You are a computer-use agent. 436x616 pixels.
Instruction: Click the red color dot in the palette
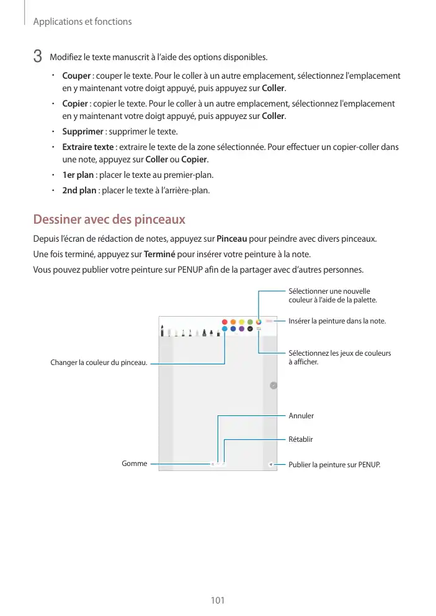[x=225, y=322]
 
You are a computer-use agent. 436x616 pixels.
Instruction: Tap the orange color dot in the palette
[x=233, y=322]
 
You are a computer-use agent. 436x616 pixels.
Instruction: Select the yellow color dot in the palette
[x=242, y=322]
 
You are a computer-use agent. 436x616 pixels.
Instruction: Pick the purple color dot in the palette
[x=241, y=329]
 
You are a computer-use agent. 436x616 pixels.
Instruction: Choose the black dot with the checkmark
[x=250, y=329]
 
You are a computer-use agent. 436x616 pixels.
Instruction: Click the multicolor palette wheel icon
[x=259, y=322]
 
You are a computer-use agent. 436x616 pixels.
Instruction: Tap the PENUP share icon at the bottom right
[x=271, y=464]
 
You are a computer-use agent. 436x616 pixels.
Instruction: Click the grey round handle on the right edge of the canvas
[x=274, y=385]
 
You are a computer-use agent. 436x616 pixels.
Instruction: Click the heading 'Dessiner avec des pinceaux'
[x=109, y=220]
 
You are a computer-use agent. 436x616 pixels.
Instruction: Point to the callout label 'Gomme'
[x=135, y=463]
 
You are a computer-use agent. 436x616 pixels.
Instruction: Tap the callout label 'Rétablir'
[x=301, y=439]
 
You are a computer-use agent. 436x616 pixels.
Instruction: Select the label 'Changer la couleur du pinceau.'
[x=99, y=363]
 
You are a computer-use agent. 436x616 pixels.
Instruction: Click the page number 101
[x=218, y=601]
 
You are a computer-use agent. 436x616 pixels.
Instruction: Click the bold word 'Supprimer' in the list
[x=82, y=132]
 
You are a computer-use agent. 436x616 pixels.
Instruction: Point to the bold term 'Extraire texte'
[x=88, y=147]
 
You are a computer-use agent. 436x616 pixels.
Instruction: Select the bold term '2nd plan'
[x=79, y=190]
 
